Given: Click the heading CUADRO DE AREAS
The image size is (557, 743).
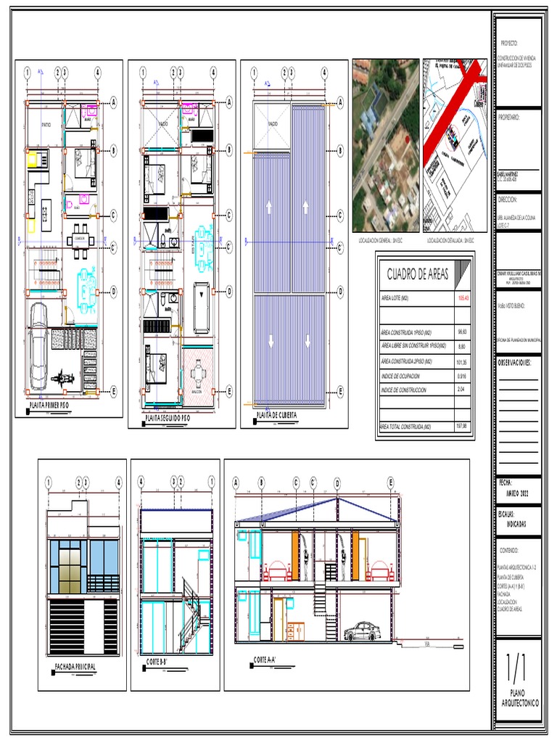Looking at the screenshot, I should (418, 274).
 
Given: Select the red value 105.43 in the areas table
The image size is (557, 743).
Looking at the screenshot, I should (462, 298).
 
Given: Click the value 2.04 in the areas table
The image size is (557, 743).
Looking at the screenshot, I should (462, 390).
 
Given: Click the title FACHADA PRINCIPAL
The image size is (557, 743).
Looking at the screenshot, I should (75, 666).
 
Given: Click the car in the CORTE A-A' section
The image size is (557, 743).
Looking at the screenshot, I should (363, 632).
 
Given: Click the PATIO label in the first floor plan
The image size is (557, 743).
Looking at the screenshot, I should (46, 125).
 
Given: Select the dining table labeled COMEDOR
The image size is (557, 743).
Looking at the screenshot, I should (80, 240).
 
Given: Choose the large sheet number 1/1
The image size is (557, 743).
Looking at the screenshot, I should (516, 665).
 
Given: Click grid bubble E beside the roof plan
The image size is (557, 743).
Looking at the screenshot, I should (339, 391).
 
